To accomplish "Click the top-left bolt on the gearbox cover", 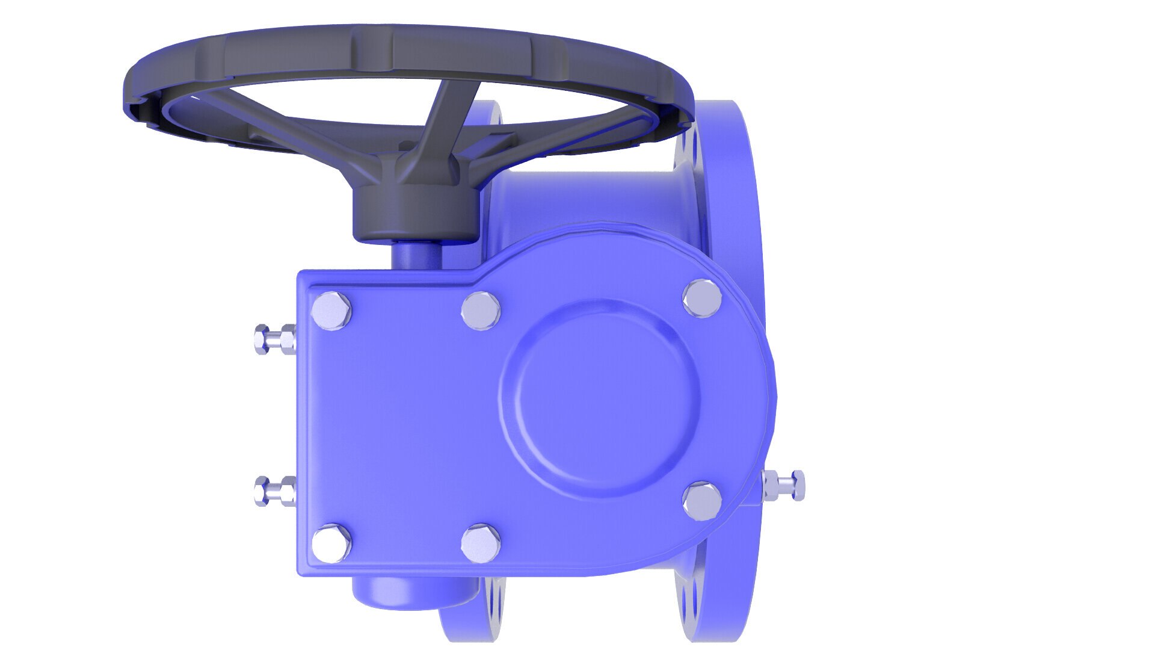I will point(331,311).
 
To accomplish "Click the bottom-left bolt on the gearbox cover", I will point(331,543).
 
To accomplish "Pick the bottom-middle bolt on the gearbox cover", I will point(481,544).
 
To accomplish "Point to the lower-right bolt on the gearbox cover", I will point(702,501).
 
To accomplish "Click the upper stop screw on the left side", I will point(274,339).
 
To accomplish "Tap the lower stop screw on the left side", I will point(274,491).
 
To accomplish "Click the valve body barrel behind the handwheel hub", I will point(577,199).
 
